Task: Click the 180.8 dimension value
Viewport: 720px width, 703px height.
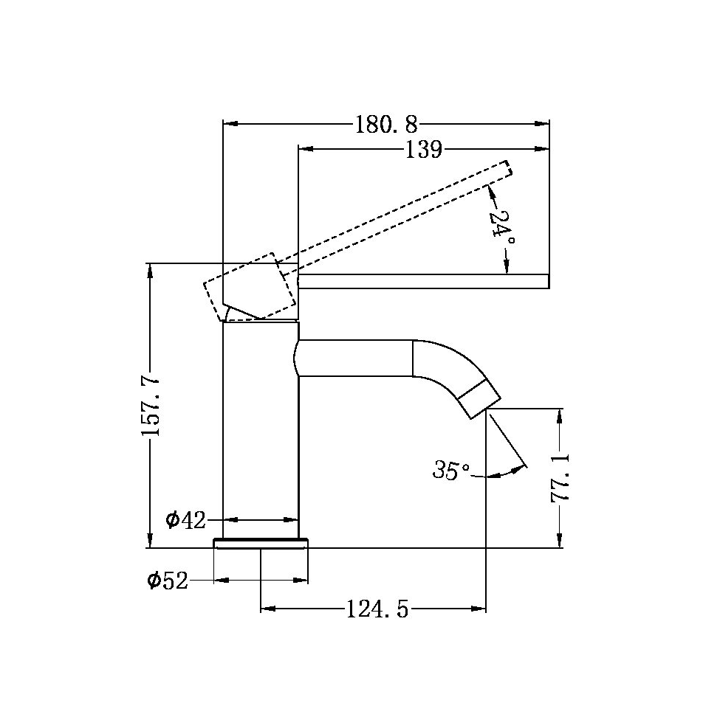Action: pos(386,124)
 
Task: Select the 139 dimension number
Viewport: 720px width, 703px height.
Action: pos(423,150)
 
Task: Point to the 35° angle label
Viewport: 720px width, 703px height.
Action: pos(451,470)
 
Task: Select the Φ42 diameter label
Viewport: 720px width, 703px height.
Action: pos(185,520)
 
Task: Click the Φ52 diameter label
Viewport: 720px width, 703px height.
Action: pos(168,581)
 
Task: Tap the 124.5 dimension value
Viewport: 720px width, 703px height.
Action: pos(377,609)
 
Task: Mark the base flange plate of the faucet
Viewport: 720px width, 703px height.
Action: pos(260,544)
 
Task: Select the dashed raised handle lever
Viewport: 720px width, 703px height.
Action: pos(391,214)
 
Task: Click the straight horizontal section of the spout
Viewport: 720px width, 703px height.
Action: pos(354,358)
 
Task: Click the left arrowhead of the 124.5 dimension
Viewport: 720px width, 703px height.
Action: pos(268,609)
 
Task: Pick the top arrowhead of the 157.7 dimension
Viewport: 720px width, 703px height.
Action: pos(151,270)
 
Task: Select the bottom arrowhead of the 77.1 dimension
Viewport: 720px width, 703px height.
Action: pos(560,541)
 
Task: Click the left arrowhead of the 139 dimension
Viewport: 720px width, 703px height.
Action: pos(305,150)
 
